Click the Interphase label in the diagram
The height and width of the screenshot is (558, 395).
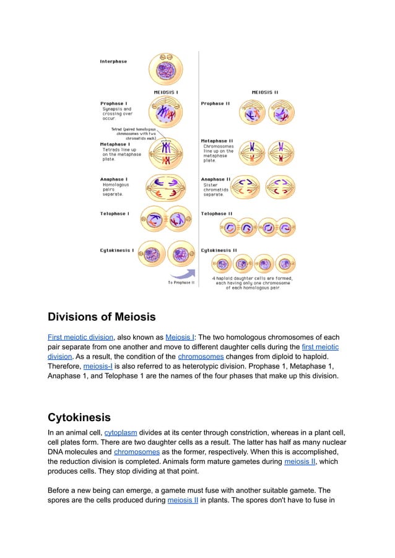point(113,61)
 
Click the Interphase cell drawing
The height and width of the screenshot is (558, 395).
point(165,69)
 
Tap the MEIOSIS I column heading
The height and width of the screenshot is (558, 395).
point(166,92)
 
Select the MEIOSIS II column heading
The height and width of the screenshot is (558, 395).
point(264,92)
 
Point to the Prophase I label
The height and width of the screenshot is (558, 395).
point(114,103)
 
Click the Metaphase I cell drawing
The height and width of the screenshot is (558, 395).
point(165,152)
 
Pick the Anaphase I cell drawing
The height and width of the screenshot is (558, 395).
point(165,186)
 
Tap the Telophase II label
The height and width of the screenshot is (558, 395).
point(217,214)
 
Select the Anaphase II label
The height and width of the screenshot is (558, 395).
point(215,180)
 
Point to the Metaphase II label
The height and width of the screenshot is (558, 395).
point(217,141)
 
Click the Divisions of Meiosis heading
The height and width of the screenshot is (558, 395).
point(102,317)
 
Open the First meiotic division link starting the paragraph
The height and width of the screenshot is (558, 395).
point(80,337)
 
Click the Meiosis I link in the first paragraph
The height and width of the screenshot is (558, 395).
point(179,337)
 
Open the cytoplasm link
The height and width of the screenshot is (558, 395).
point(121,432)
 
